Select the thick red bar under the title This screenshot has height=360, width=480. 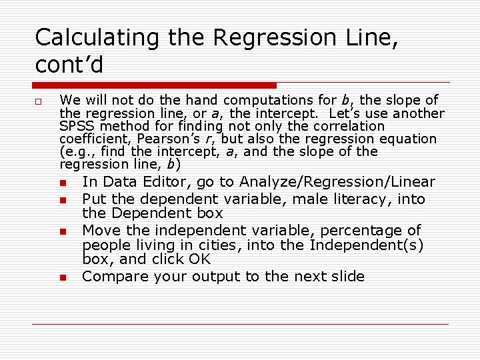click(156, 85)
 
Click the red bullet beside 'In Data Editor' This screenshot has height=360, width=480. click(63, 183)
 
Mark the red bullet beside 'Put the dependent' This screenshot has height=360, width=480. click(63, 200)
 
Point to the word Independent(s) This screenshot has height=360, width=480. click(367, 245)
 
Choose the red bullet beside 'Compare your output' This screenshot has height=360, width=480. click(63, 277)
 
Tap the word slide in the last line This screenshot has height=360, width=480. click(347, 277)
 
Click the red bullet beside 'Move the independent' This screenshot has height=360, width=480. click(63, 231)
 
